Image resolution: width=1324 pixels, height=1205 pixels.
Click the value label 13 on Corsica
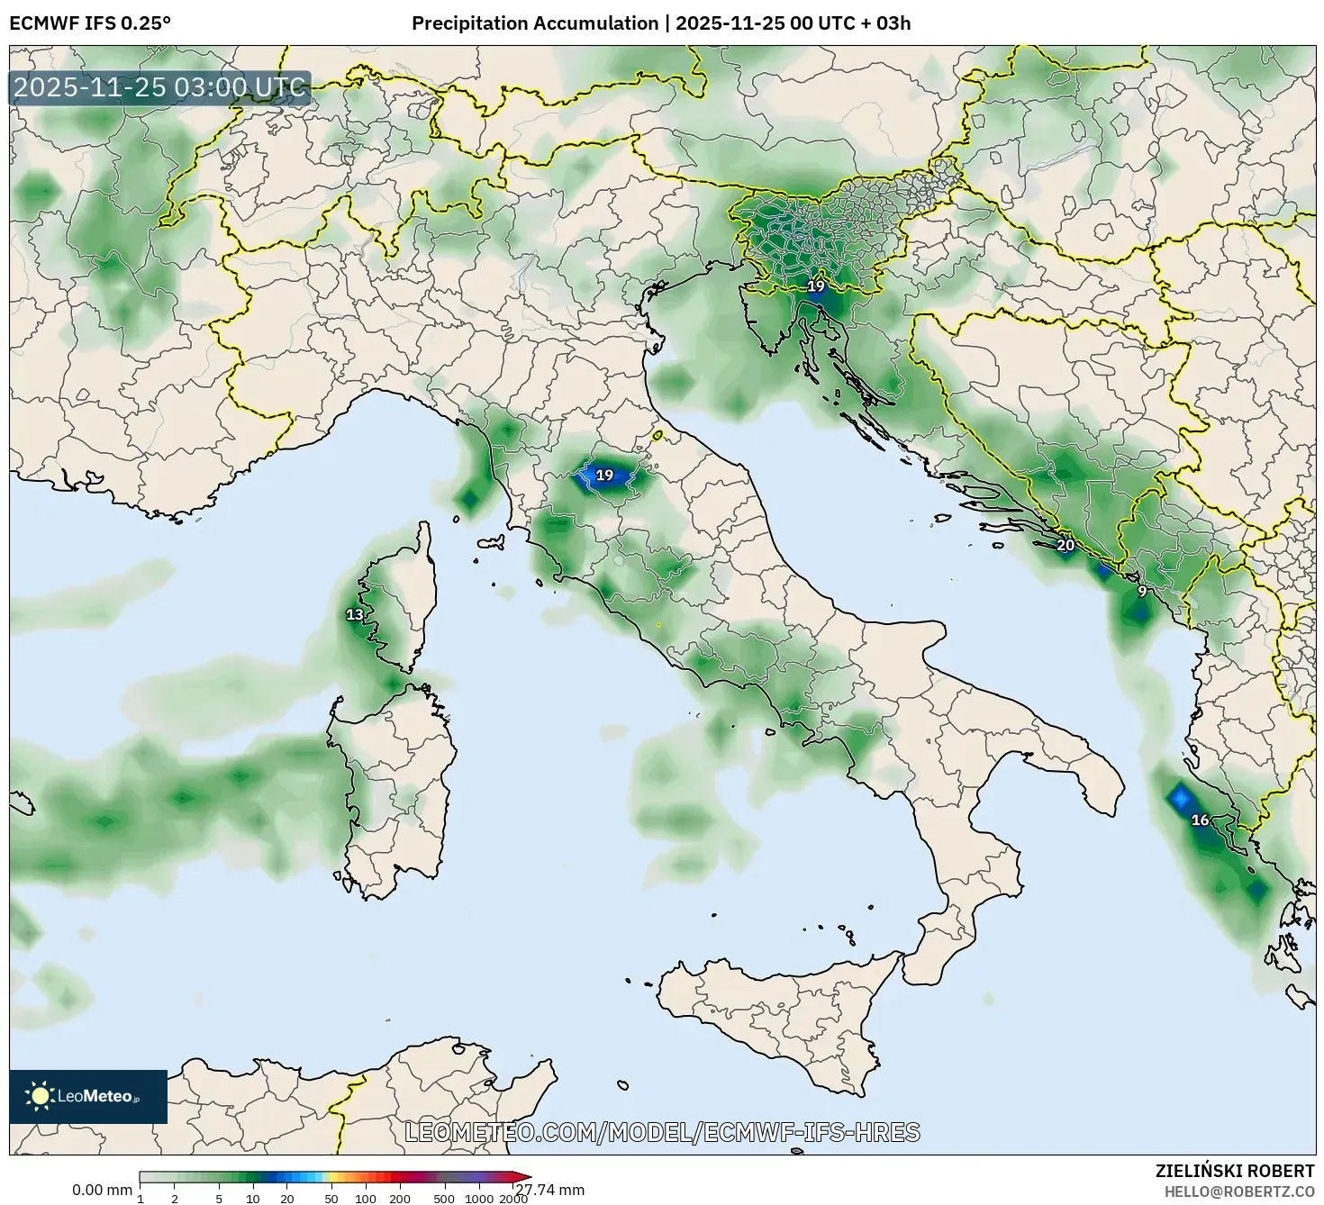[x=355, y=615]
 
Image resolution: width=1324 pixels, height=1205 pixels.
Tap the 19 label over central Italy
[x=604, y=476]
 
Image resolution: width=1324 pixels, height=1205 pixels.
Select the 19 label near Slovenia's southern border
[x=816, y=286]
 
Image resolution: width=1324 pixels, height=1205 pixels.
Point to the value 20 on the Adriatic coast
[x=1066, y=545]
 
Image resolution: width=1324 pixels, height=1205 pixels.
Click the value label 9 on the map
[x=1142, y=592]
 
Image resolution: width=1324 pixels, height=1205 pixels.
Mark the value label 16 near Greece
[x=1200, y=820]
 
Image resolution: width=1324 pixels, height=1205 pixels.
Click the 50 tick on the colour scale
[x=331, y=1198]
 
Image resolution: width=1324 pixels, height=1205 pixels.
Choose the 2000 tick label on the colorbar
[x=513, y=1199]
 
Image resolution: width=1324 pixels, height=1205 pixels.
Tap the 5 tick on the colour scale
[x=219, y=1198]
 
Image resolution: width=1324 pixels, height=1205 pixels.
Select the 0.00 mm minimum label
[x=102, y=1190]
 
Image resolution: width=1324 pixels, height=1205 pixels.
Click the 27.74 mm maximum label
[x=549, y=1190]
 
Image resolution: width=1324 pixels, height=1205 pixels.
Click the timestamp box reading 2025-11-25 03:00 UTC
[x=160, y=88]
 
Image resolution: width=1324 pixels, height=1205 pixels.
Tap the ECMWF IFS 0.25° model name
[x=89, y=23]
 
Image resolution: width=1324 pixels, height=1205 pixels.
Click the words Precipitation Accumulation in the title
[x=535, y=23]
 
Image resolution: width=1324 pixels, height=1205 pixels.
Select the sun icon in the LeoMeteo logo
[x=41, y=1096]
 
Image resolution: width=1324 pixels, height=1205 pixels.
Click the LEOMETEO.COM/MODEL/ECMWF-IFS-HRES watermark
[x=662, y=1132]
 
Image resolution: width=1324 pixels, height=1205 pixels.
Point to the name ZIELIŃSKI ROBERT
[x=1235, y=1171]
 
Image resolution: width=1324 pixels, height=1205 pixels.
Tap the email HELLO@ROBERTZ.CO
[x=1245, y=1190]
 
